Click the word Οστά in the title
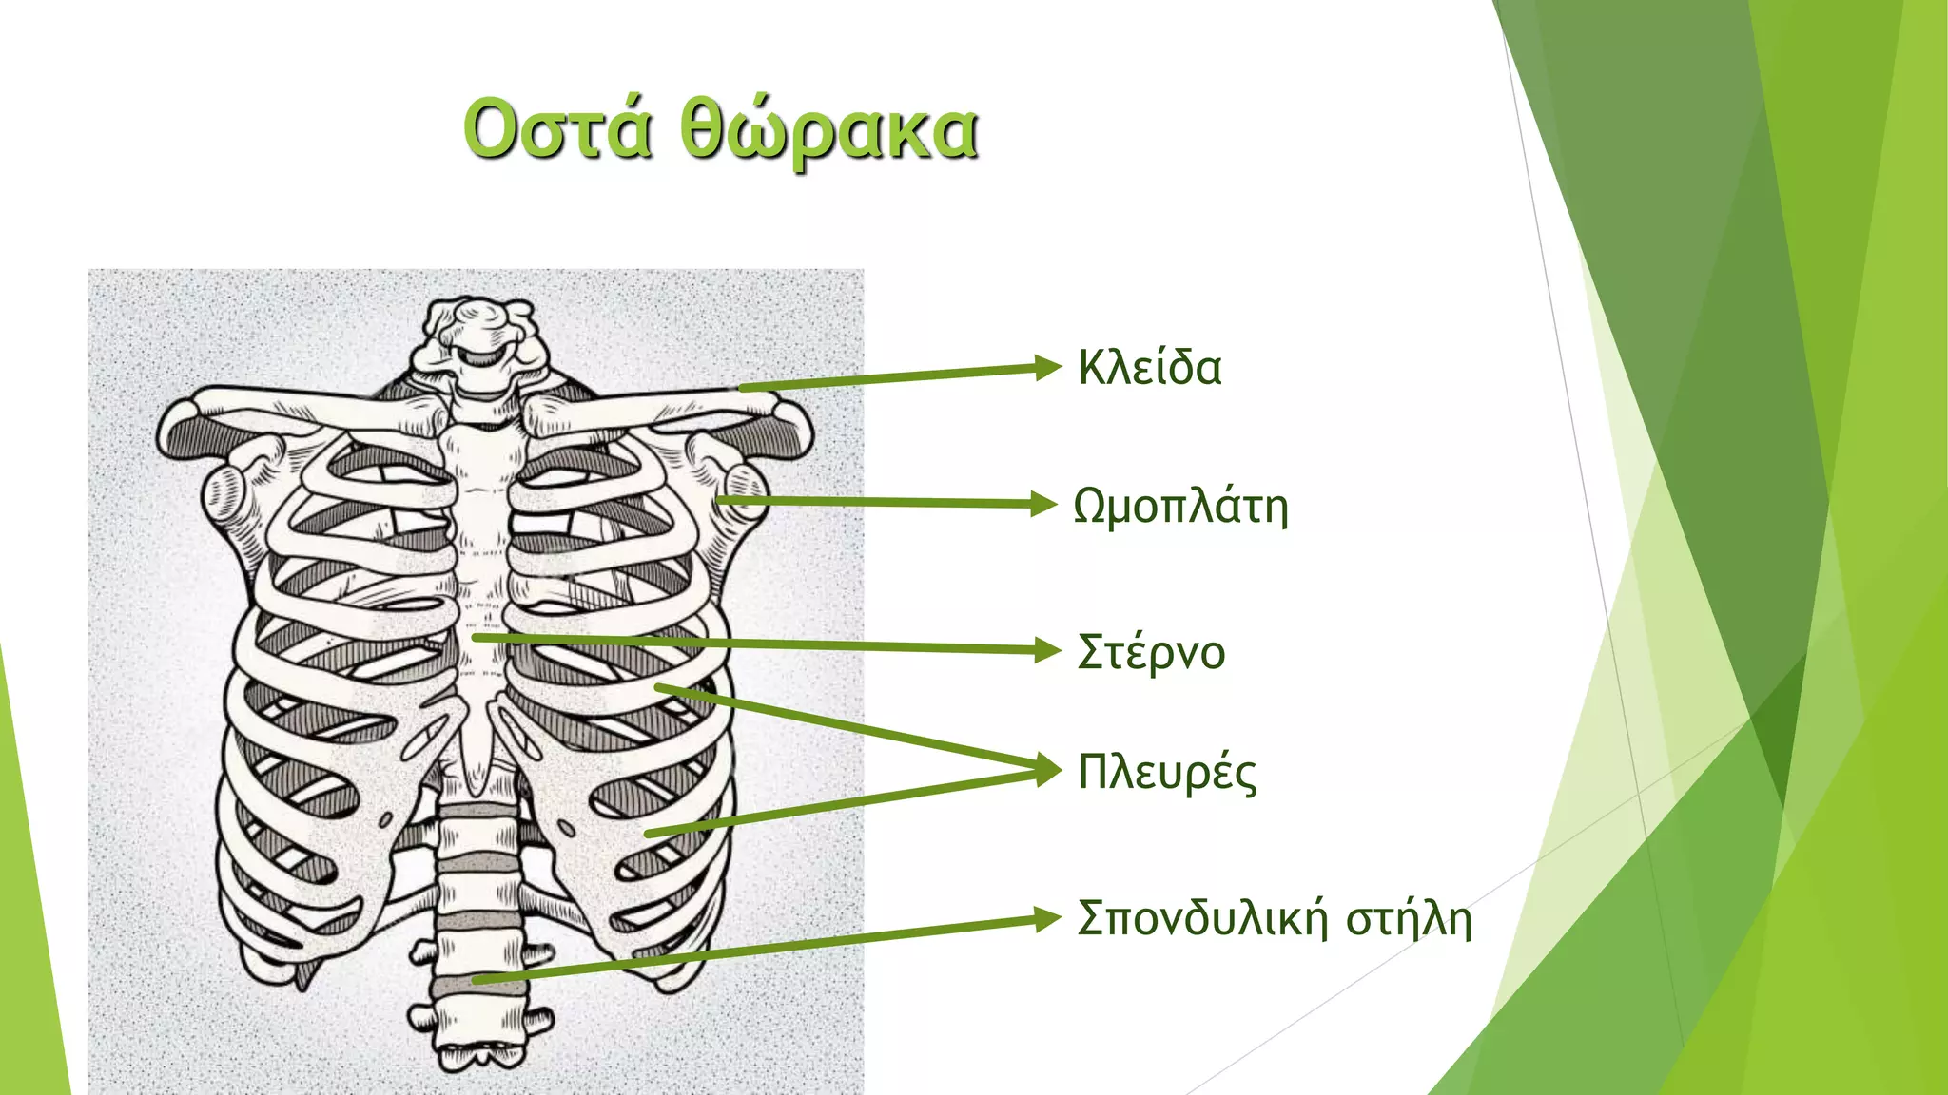[x=557, y=128]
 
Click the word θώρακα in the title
[x=829, y=131]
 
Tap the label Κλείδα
[x=1149, y=368]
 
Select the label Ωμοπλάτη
[x=1180, y=506]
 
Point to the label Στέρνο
[x=1151, y=652]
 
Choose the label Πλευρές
[x=1166, y=772]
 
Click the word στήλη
[x=1409, y=919]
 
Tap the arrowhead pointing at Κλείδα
[x=1047, y=367]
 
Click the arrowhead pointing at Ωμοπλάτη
[x=1044, y=504]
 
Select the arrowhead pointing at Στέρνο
[x=1047, y=651]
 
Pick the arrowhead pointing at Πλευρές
[x=1048, y=769]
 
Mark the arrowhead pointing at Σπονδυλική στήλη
[x=1047, y=918]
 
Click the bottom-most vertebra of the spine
[x=480, y=1050]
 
